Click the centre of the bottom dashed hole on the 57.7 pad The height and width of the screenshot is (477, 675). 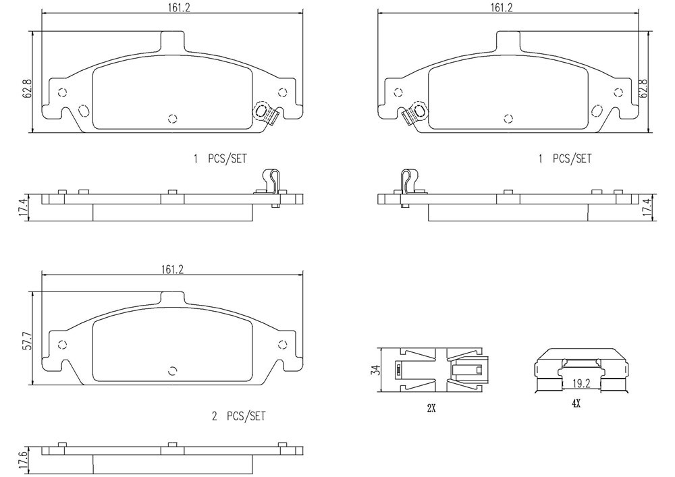point(173,371)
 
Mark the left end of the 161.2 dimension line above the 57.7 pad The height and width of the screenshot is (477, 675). point(41,275)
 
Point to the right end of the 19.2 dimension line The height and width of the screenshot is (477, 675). point(601,389)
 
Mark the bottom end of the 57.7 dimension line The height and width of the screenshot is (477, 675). point(32,385)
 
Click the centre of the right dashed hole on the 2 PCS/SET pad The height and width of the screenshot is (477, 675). point(282,344)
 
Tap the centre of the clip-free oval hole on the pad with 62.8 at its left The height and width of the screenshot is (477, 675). point(83,111)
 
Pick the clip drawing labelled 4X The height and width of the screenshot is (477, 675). point(581,370)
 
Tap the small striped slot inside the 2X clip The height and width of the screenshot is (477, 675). point(399,370)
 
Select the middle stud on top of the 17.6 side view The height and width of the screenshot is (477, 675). point(172,445)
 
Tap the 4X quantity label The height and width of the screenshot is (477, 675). point(576,403)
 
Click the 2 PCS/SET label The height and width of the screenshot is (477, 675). point(238,416)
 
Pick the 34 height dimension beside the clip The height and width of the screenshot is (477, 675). point(376,370)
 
